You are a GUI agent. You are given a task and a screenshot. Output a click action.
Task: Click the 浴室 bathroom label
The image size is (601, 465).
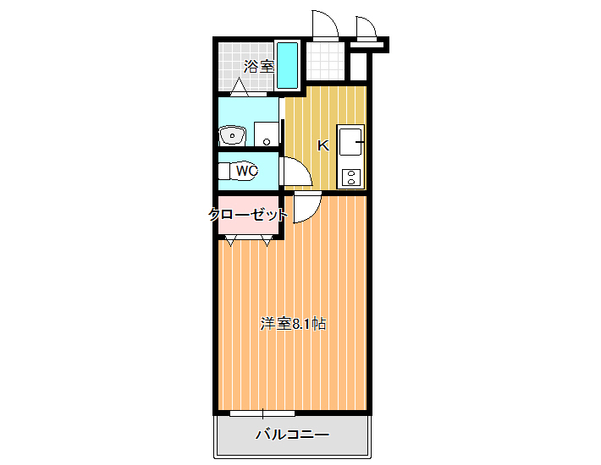click(x=259, y=67)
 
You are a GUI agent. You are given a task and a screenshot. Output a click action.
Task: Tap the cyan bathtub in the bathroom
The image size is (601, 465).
click(x=287, y=65)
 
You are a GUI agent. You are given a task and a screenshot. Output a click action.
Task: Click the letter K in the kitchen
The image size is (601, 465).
click(x=323, y=145)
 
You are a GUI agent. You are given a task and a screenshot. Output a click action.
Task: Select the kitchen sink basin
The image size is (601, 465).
click(x=350, y=142)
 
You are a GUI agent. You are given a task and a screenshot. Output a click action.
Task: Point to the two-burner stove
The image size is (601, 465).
click(x=350, y=178)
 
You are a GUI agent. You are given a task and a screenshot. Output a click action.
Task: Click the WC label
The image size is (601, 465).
click(x=247, y=171)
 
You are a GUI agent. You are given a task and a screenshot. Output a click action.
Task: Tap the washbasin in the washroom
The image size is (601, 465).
click(x=232, y=135)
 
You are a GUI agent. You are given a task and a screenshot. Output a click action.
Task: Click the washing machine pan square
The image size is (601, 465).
click(x=267, y=134)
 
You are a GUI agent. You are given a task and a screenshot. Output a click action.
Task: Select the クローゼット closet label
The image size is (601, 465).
click(x=248, y=215)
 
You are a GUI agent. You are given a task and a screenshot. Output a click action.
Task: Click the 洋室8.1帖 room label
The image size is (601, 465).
click(x=293, y=324)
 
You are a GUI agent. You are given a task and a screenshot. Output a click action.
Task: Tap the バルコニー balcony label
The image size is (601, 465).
click(x=292, y=435)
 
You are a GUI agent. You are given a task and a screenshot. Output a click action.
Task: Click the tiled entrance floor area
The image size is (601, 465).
click(x=325, y=61)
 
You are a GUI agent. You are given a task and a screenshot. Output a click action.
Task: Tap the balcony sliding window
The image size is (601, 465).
click(x=262, y=413)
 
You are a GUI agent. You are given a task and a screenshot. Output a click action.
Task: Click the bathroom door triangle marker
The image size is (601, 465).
click(x=240, y=87)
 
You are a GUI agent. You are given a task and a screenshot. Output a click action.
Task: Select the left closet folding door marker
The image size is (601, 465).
click(x=230, y=241)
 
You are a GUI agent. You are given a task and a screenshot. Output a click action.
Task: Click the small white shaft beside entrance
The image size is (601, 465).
click(x=359, y=67)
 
